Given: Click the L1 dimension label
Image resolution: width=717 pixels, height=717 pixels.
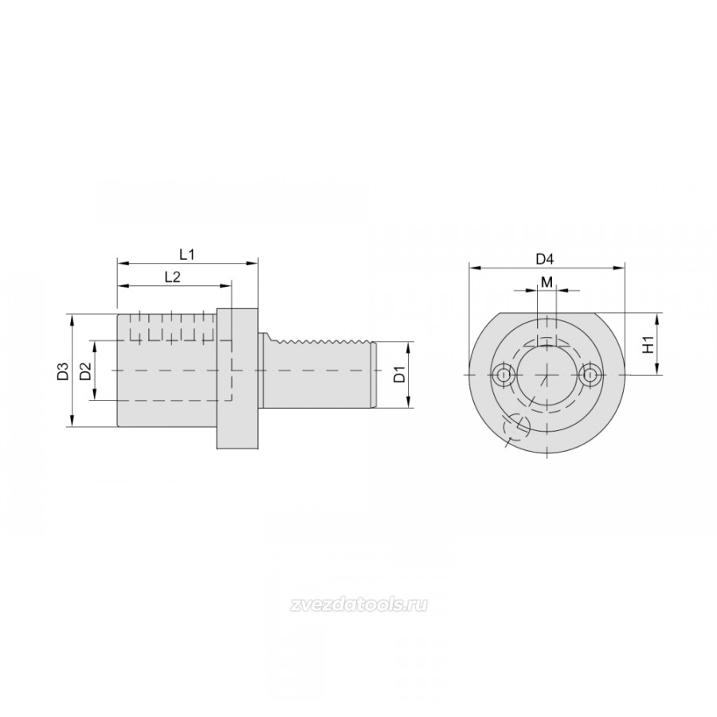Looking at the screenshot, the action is click(x=186, y=254).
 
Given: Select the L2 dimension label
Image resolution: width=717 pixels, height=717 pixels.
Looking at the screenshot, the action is click(x=172, y=276).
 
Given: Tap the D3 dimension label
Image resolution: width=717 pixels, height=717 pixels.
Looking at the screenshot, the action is click(x=63, y=370).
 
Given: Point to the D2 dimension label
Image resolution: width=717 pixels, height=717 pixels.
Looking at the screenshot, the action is click(x=85, y=370).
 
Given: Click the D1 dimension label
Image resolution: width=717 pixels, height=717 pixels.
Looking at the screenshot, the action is click(x=399, y=374).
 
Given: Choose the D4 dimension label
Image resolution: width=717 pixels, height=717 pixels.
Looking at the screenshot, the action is click(x=545, y=259).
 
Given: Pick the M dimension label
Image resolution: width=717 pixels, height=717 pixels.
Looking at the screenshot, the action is click(x=547, y=282).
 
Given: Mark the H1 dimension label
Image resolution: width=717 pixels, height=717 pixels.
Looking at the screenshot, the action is click(x=648, y=343).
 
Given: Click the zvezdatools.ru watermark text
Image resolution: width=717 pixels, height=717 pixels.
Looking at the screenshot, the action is click(x=358, y=605).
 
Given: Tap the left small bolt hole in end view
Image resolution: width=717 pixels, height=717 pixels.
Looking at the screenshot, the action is click(x=503, y=375).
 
